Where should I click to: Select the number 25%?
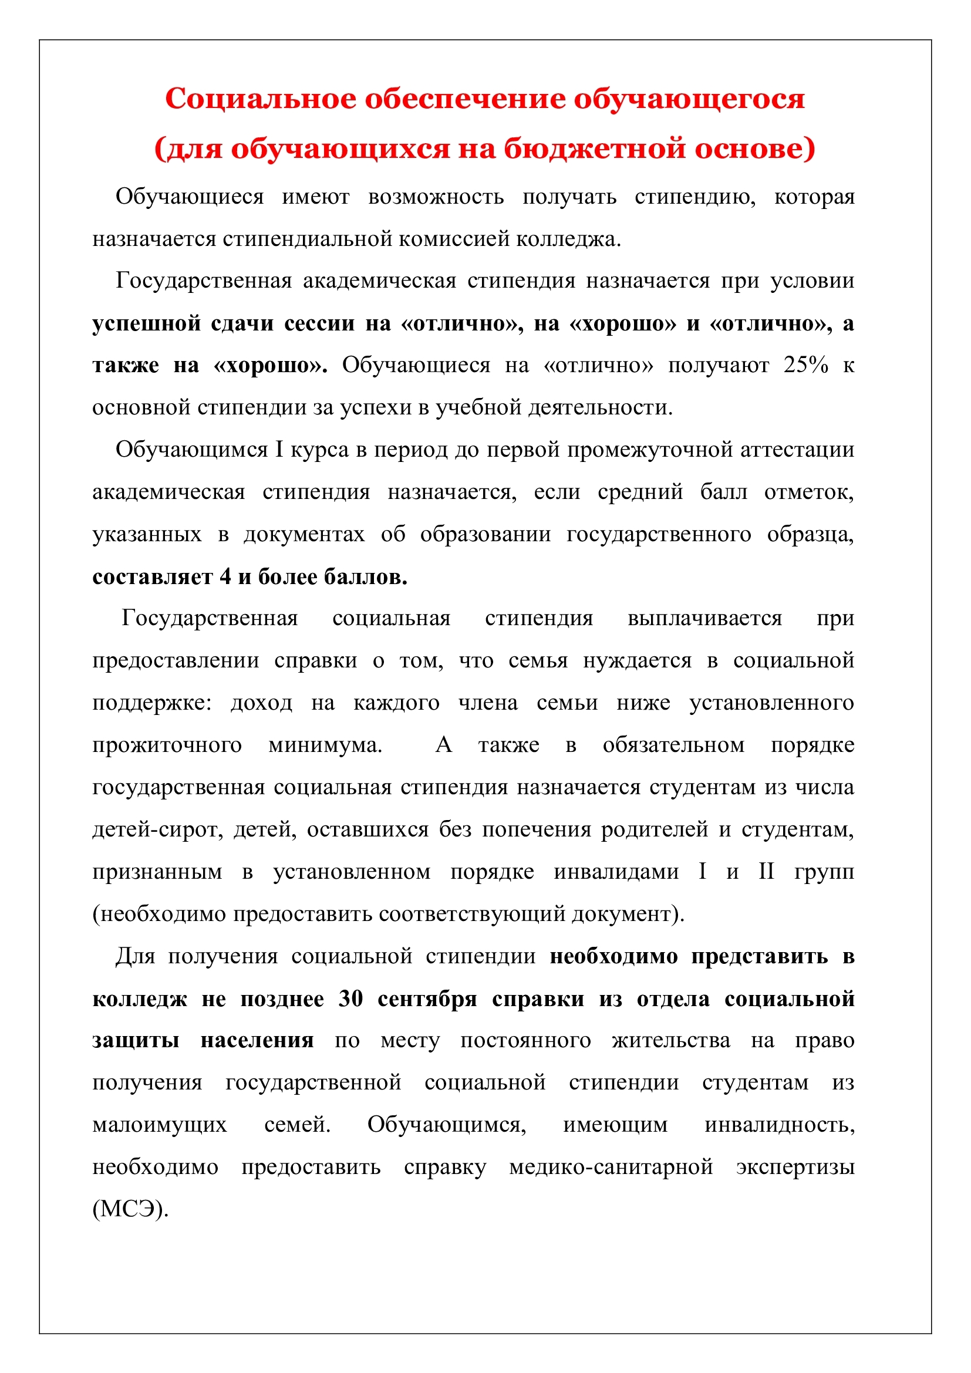(805, 365)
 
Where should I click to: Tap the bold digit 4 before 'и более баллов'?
(225, 576)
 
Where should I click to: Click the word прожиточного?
(167, 745)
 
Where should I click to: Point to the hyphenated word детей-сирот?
(157, 830)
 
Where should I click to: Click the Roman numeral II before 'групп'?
(767, 872)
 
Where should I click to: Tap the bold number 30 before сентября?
(350, 999)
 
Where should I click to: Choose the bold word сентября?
(427, 999)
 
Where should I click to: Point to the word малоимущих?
(160, 1125)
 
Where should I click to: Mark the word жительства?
(670, 1041)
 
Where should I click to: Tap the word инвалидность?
(779, 1125)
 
